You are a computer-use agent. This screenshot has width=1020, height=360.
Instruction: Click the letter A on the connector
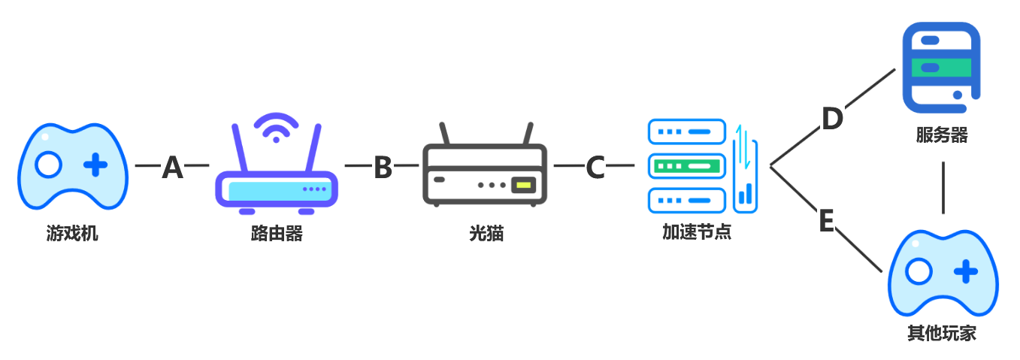point(172,168)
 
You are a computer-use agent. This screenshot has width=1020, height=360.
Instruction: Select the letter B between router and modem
point(383,168)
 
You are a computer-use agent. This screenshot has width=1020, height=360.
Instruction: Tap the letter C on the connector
point(595,168)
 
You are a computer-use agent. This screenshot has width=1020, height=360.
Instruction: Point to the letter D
point(831,119)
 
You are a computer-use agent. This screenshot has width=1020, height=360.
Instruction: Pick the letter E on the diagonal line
point(826,222)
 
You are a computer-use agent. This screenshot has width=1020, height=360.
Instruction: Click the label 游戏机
point(72,233)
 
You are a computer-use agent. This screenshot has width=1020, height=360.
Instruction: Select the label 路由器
point(277,233)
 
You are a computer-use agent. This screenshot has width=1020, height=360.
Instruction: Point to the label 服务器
point(941,135)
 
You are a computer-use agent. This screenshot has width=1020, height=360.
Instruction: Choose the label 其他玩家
point(941,333)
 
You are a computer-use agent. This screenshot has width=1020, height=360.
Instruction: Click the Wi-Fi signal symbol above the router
point(276,128)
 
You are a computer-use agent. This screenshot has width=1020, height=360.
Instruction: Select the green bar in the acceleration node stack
point(687,164)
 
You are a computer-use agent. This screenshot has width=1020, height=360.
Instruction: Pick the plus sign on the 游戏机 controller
point(95,165)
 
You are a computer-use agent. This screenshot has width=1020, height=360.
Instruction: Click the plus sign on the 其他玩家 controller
point(966,271)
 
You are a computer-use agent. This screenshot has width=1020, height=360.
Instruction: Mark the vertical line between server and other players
point(943,188)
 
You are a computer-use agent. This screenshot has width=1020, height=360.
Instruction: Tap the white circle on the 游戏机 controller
point(48,165)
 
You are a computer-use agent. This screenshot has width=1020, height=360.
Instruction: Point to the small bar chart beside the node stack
point(746,194)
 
